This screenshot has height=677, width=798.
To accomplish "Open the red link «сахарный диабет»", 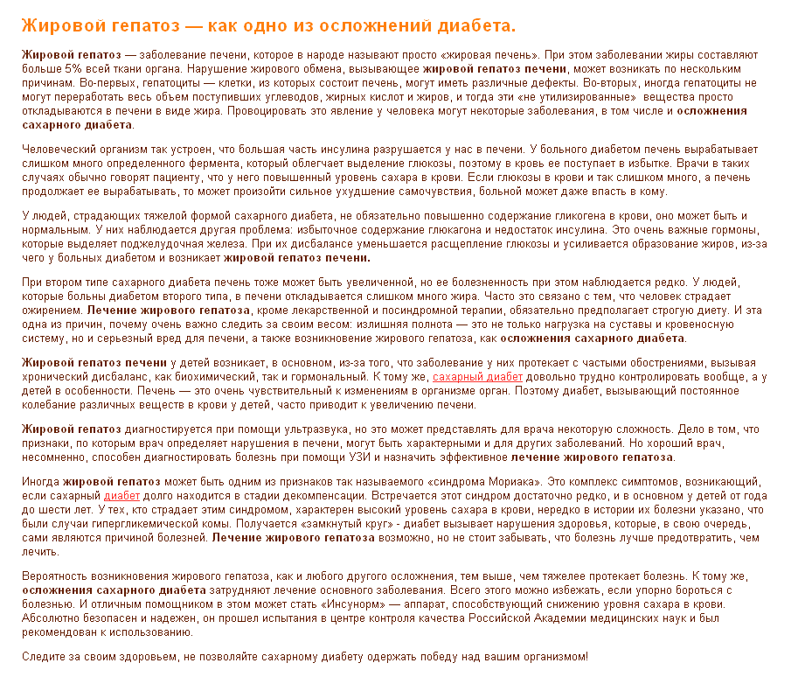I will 477,376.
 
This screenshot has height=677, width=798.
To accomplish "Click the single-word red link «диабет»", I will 121,496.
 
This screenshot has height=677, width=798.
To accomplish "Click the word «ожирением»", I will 49,311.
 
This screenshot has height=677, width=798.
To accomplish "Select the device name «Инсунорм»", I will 355,603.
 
